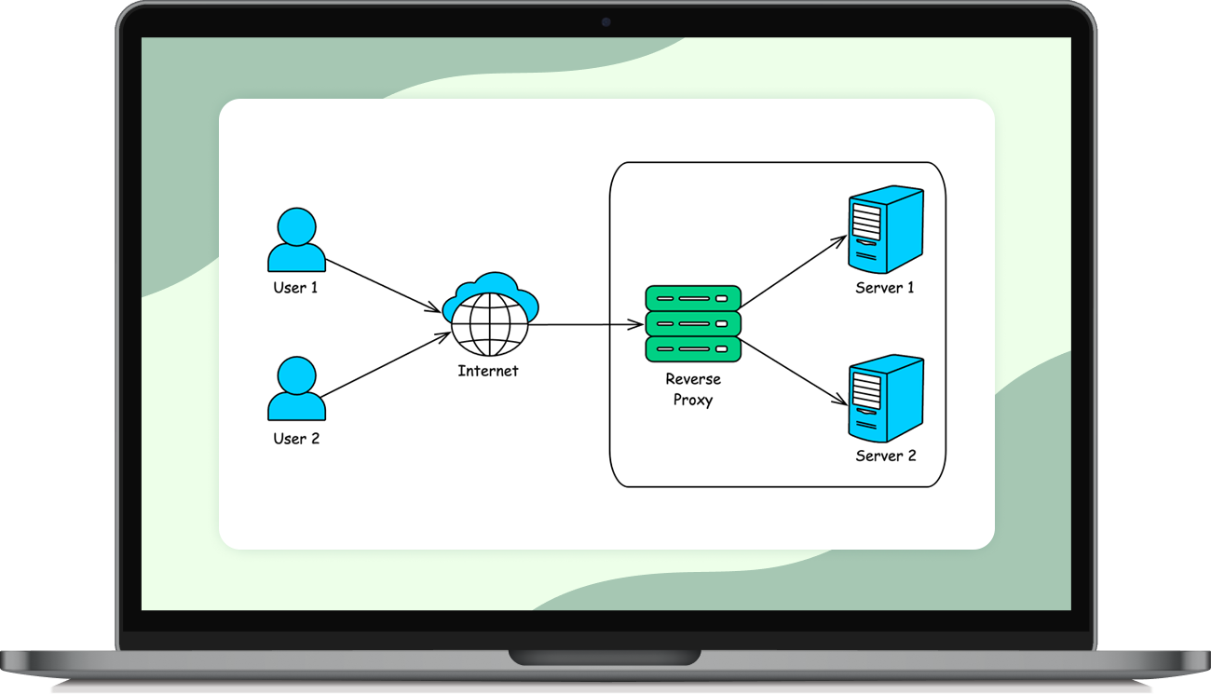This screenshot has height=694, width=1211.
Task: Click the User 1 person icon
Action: (296, 240)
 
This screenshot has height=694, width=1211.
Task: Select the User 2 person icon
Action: (296, 389)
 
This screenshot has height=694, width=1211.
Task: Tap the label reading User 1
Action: (295, 288)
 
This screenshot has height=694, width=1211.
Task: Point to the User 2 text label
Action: (296, 438)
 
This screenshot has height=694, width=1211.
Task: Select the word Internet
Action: (488, 371)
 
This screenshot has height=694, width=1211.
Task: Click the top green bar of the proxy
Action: (693, 298)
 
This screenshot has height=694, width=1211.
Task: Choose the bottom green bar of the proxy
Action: (693, 349)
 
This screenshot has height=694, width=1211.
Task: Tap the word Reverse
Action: (693, 379)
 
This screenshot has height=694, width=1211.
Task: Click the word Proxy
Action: (693, 400)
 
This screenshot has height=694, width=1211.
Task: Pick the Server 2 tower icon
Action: (885, 398)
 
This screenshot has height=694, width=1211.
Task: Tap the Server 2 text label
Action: (886, 456)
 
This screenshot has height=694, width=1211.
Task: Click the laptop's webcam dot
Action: (605, 21)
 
